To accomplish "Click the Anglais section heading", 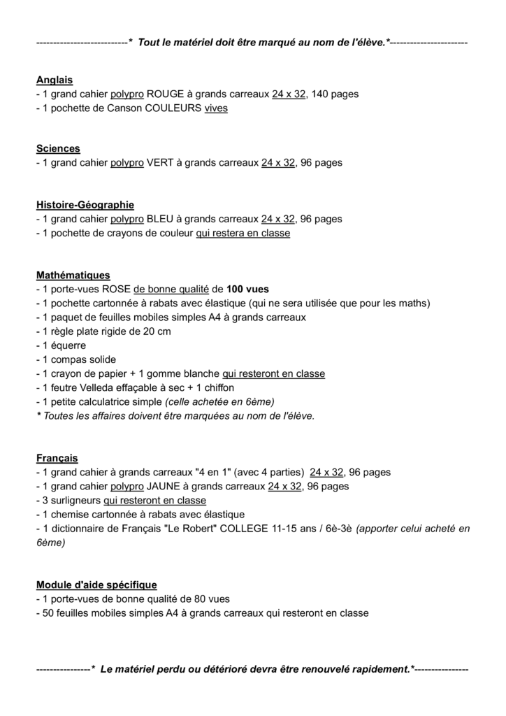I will click(x=55, y=80).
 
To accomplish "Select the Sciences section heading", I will click(x=58, y=148).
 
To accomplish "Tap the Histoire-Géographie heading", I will click(x=85, y=205).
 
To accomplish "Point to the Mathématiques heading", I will click(x=73, y=275).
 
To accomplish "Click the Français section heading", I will click(x=57, y=458).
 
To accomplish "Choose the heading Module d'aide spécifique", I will click(x=96, y=585).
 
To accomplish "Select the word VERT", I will click(x=160, y=163).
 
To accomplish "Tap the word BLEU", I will click(x=160, y=219).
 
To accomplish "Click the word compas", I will click(x=69, y=359).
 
